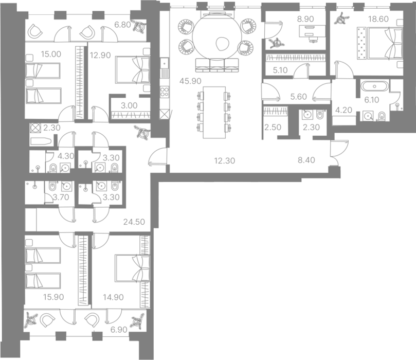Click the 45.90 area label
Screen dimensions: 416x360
pyautogui.click(x=190, y=81)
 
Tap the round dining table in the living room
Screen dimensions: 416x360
pyautogui.click(x=218, y=37)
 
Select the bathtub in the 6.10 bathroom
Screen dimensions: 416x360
pyautogui.click(x=374, y=86)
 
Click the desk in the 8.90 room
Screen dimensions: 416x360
pyautogui.click(x=312, y=31)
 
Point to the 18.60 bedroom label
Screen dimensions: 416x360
pyautogui.click(x=378, y=19)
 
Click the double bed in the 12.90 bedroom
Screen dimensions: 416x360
pyautogui.click(x=133, y=70)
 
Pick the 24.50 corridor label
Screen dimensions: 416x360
pyautogui.click(x=134, y=222)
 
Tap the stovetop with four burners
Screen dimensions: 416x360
pyautogui.click(x=165, y=91)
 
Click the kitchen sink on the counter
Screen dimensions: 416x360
pyautogui.click(x=165, y=63)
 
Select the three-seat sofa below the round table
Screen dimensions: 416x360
pyautogui.click(x=217, y=65)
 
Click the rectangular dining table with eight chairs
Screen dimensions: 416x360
pyautogui.click(x=214, y=112)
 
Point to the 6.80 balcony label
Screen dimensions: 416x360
pyautogui.click(x=122, y=25)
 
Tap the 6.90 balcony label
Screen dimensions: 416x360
pyautogui.click(x=119, y=330)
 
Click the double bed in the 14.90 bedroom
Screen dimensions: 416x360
pyautogui.click(x=132, y=268)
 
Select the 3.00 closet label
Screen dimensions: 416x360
pyautogui.click(x=129, y=105)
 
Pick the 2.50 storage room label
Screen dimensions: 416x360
pyautogui.click(x=273, y=128)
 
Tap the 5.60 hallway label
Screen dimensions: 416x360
pyautogui.click(x=298, y=97)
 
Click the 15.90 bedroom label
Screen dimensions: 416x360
pyautogui.click(x=53, y=297)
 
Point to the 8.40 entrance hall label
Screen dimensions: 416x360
pyautogui.click(x=306, y=160)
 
